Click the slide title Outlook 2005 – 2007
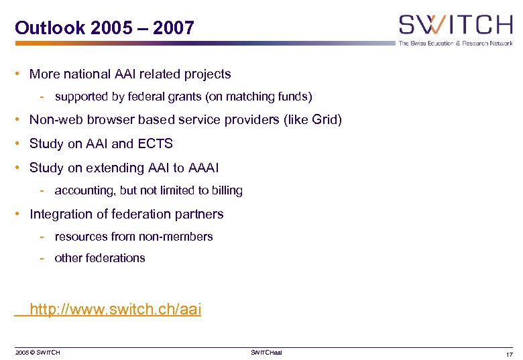(105, 28)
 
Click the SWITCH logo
(455, 25)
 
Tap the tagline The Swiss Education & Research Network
(455, 43)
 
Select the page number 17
(508, 354)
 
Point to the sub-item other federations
(100, 258)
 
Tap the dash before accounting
(42, 191)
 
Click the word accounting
(86, 191)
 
